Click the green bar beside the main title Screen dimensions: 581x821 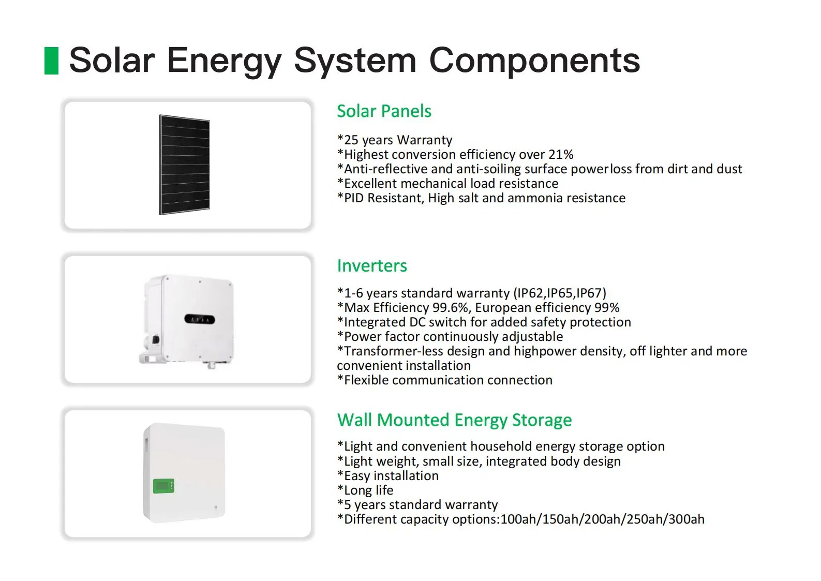click(51, 61)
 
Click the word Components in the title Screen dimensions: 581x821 click(534, 61)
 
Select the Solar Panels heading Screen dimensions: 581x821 click(384, 111)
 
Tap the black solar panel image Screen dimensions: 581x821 click(185, 165)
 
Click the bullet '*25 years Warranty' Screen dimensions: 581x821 click(395, 140)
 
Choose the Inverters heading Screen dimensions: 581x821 click(372, 266)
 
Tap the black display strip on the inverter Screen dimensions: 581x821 click(200, 320)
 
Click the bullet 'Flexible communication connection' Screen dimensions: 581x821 click(445, 380)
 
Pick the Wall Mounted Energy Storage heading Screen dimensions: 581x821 click(454, 420)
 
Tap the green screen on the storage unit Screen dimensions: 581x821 click(163, 486)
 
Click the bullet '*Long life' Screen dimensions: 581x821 click(365, 490)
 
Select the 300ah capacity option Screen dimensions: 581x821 click(686, 519)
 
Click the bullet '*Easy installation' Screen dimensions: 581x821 click(388, 476)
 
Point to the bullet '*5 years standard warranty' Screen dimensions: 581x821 click(417, 505)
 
